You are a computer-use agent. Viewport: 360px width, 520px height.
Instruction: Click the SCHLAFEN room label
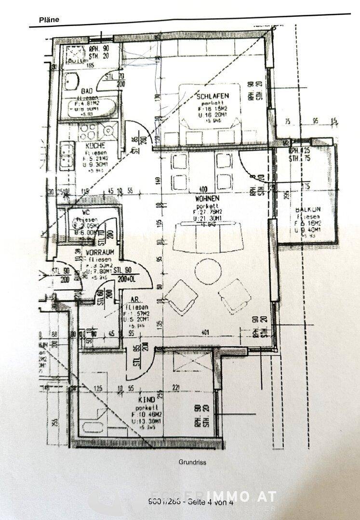coord(212,97)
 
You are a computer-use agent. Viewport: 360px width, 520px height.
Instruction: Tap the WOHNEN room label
coord(207,198)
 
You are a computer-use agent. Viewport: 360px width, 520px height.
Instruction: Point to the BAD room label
coord(87,91)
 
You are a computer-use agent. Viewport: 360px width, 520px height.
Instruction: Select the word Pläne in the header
coord(49,20)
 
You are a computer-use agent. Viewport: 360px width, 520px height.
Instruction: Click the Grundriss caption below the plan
coord(192,462)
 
